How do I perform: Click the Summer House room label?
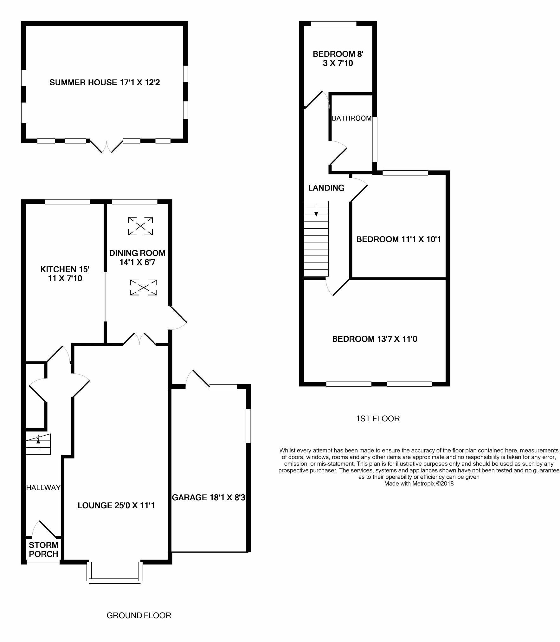point(105,82)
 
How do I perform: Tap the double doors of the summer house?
point(106,146)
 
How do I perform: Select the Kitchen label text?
point(65,274)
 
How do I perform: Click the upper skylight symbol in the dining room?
point(140,226)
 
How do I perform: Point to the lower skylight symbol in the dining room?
point(144,287)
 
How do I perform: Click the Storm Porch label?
point(43,549)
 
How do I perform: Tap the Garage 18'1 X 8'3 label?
point(209,497)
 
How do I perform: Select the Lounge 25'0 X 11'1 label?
point(116,505)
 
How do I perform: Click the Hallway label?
point(43,488)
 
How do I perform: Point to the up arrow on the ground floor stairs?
point(39,443)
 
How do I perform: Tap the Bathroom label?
point(351,118)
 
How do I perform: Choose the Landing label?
point(326,188)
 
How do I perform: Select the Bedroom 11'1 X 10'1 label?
point(399,239)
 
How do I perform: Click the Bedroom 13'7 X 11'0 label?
point(375,339)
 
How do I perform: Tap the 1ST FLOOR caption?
point(378,418)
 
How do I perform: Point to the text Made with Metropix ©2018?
point(419,483)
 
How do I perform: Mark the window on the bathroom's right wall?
point(375,139)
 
